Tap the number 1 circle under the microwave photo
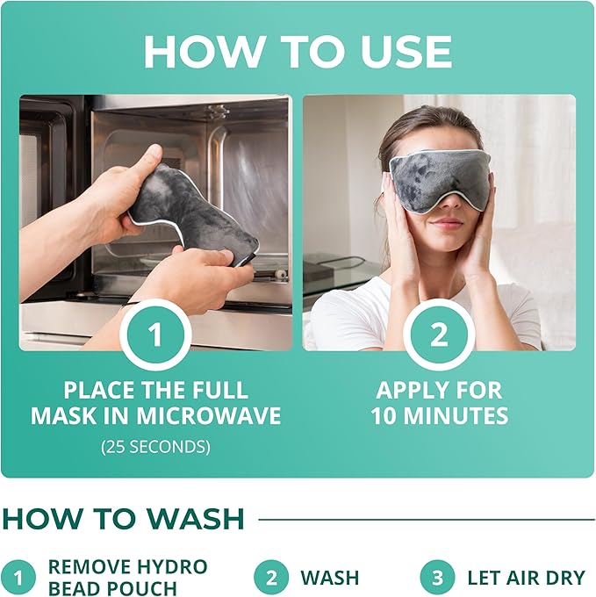coord(156,334)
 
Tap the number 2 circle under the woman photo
coord(439,334)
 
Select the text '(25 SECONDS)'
coord(155,446)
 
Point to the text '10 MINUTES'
coord(439,415)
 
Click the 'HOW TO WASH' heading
coord(123,519)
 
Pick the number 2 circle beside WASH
coord(272,578)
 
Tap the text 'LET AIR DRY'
coord(526,578)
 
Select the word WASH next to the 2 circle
coord(330,578)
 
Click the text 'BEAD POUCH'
coord(112,588)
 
